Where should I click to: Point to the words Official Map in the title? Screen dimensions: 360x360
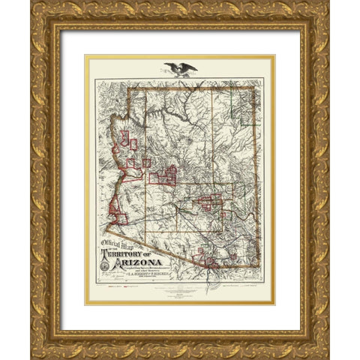118,244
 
